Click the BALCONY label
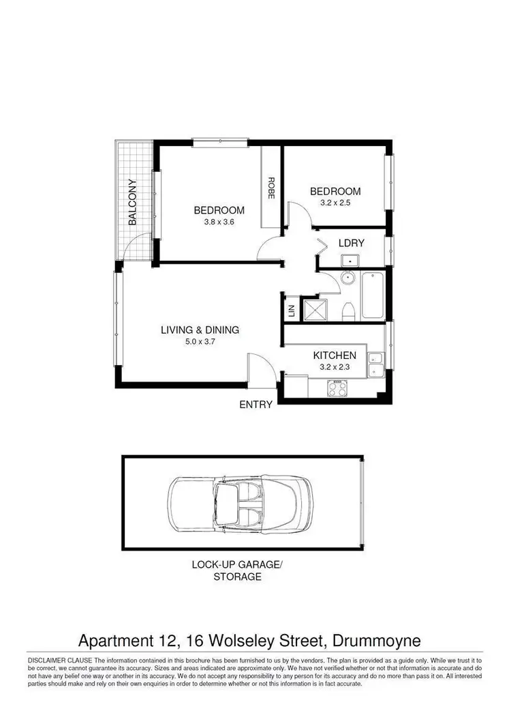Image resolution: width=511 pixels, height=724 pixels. [x=134, y=202]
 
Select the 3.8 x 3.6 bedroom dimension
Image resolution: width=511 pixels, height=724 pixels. [x=219, y=222]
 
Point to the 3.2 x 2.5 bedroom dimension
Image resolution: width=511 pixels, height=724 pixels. [x=335, y=203]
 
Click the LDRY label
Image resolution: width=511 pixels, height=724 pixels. [x=352, y=243]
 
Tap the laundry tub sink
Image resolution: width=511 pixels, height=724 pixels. [x=352, y=260]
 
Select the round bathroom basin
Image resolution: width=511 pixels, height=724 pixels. [x=348, y=277]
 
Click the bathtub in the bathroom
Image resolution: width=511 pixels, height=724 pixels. [x=373, y=295]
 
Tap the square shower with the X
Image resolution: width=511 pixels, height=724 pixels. [x=312, y=310]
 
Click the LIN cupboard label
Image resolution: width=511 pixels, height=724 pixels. [x=292, y=311]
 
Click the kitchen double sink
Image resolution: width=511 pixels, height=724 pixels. [x=375, y=365]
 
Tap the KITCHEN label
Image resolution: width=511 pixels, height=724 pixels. [x=334, y=356]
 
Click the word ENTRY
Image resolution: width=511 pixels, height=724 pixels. [x=255, y=405]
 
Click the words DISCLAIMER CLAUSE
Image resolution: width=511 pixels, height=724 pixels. [x=59, y=661]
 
